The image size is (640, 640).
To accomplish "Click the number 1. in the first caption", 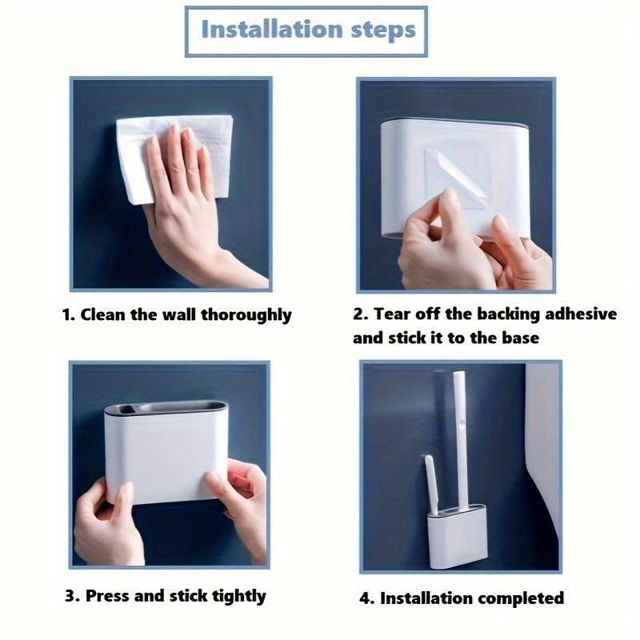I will pos(70,314).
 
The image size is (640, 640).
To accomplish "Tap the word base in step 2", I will pos(520,338).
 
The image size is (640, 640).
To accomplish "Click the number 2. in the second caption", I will pos(360,314).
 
